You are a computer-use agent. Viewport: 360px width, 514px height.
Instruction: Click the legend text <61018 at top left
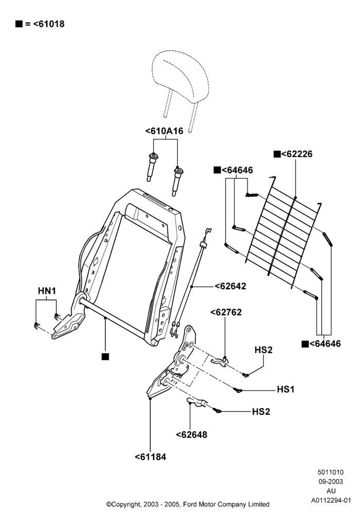tap(49, 24)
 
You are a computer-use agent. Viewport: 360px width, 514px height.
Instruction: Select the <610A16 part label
tap(164, 131)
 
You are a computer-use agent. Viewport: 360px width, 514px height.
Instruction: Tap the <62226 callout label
tap(297, 154)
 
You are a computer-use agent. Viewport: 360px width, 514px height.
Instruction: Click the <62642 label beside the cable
tap(230, 286)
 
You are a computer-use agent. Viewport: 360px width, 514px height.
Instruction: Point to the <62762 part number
tap(226, 312)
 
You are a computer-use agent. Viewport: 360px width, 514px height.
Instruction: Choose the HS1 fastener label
tap(286, 390)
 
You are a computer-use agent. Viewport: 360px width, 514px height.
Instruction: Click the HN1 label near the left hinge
tap(47, 291)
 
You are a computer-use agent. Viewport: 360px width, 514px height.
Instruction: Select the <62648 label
tap(191, 435)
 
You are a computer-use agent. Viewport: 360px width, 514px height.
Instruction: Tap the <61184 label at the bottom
tap(151, 456)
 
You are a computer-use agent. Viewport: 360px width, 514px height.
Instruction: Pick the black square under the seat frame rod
tap(105, 357)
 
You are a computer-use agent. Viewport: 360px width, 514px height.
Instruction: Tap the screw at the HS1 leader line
tap(238, 390)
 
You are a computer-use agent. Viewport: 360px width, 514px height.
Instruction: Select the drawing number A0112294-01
tap(331, 500)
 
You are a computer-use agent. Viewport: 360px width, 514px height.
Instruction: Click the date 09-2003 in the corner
tap(331, 482)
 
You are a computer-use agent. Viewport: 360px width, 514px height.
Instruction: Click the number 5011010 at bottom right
tap(331, 472)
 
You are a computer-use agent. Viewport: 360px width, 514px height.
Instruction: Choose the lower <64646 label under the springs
tap(325, 344)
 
